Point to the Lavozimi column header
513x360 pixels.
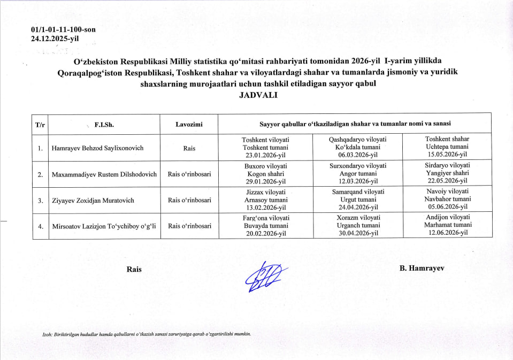click(x=189, y=124)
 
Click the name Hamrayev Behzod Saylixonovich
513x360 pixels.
click(x=97, y=148)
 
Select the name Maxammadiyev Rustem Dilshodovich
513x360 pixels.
click(x=104, y=174)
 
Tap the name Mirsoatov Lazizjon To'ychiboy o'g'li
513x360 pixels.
click(x=104, y=226)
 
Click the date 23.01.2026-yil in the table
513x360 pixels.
click(x=265, y=156)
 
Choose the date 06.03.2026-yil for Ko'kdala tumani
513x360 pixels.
click(x=357, y=156)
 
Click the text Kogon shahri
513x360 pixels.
click(x=265, y=174)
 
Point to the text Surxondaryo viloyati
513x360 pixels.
click(x=357, y=166)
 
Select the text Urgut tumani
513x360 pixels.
click(x=357, y=200)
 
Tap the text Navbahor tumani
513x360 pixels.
click(x=447, y=199)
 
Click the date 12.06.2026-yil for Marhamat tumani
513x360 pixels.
click(x=447, y=233)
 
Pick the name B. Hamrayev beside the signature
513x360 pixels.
click(x=422, y=269)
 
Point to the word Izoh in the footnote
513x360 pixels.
click(x=48, y=335)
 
